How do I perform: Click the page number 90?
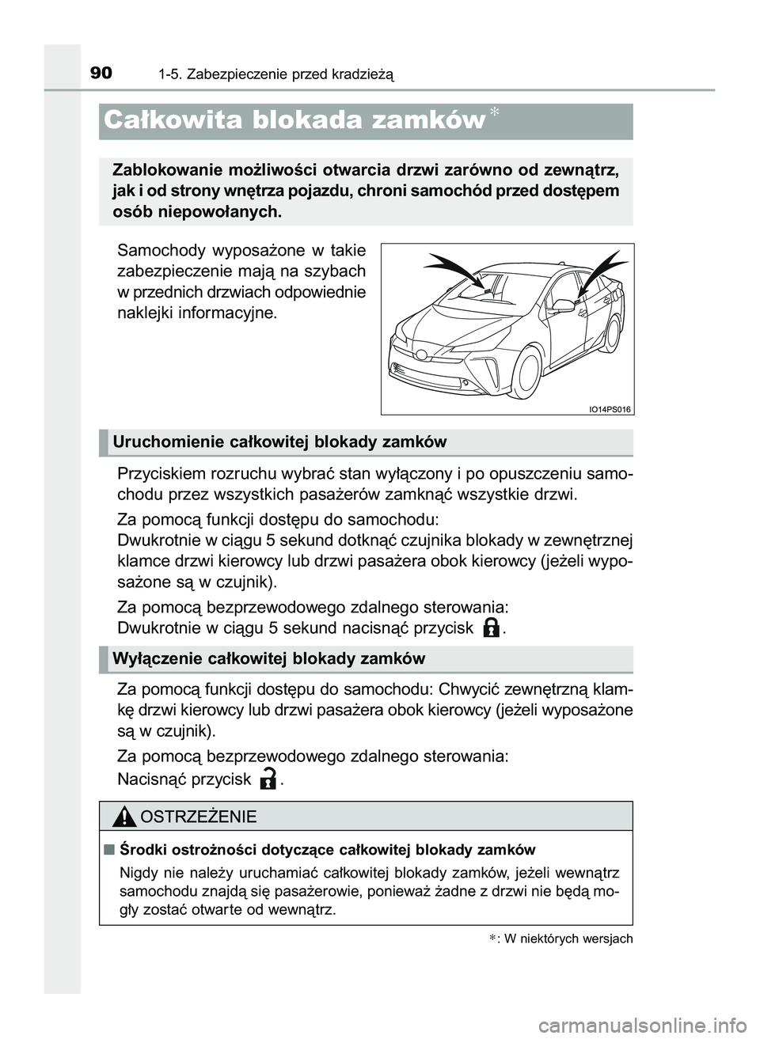tap(101, 74)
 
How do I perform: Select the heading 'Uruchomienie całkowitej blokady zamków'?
tap(279, 442)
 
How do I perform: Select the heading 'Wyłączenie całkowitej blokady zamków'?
tap(269, 658)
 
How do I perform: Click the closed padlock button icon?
tap(491, 628)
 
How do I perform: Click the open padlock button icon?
tap(268, 779)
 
